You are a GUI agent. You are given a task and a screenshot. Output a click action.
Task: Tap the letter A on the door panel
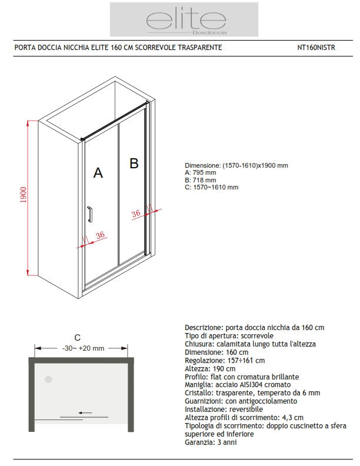tap(98, 173)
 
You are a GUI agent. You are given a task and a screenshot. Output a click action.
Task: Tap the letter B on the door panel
tap(134, 164)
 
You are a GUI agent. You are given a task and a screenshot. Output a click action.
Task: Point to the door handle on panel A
tap(89, 215)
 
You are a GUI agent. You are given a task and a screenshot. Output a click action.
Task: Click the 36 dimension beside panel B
tap(136, 214)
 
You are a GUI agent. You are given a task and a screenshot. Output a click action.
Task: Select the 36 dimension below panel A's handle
tap(99, 235)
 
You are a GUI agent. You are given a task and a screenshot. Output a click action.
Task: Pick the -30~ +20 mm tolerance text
tap(83, 348)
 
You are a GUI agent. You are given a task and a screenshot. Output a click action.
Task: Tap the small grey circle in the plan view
tap(49, 380)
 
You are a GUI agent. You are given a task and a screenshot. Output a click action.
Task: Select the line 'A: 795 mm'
tap(200, 173)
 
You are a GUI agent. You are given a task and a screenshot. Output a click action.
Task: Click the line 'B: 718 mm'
tap(200, 180)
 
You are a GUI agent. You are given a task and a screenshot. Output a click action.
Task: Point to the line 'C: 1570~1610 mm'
tap(211, 188)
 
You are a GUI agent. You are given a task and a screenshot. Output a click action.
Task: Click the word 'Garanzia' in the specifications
tap(198, 442)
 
